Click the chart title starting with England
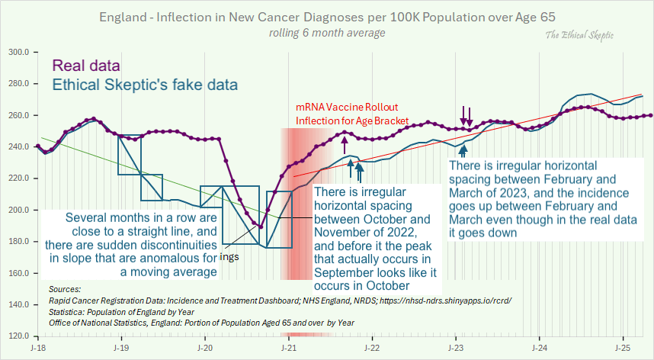click(326, 17)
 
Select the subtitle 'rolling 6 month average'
click(326, 33)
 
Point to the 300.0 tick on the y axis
click(18, 53)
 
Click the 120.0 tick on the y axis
click(18, 336)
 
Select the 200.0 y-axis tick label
click(18, 210)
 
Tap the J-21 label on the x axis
click(288, 348)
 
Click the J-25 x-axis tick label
click(622, 348)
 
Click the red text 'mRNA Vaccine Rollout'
click(346, 107)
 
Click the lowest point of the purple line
click(260, 227)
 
